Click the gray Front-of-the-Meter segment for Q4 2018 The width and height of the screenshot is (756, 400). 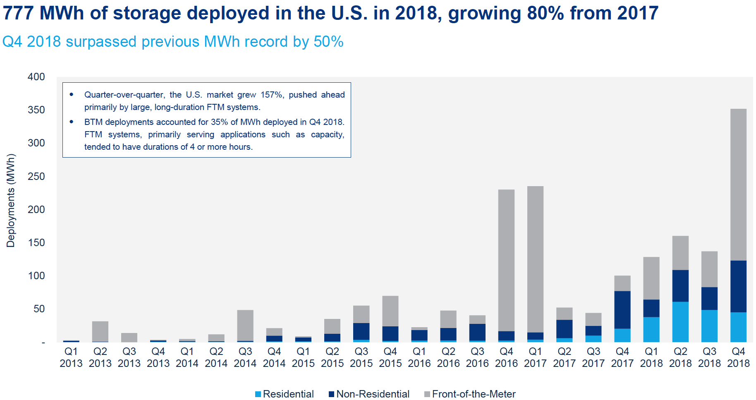click(738, 184)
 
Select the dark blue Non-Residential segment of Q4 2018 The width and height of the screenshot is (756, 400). click(738, 286)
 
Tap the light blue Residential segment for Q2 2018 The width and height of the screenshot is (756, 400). click(680, 322)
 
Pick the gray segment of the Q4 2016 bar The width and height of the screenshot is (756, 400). click(506, 260)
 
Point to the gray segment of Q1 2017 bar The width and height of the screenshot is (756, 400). click(535, 259)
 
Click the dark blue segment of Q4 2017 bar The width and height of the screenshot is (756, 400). click(622, 310)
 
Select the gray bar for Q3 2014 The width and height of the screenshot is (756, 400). click(245, 325)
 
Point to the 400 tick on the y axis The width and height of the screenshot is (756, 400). click(36, 77)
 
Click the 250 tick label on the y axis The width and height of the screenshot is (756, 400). click(36, 177)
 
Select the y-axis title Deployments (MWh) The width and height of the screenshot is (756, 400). click(11, 201)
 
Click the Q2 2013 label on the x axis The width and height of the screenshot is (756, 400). click(100, 357)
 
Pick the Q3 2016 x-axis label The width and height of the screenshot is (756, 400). click(477, 357)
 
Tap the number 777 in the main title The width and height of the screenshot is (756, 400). click(18, 13)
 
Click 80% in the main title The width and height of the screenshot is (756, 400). click(545, 13)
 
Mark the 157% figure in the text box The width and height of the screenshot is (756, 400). click(271, 95)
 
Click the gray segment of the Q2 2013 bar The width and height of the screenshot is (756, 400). click(100, 331)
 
